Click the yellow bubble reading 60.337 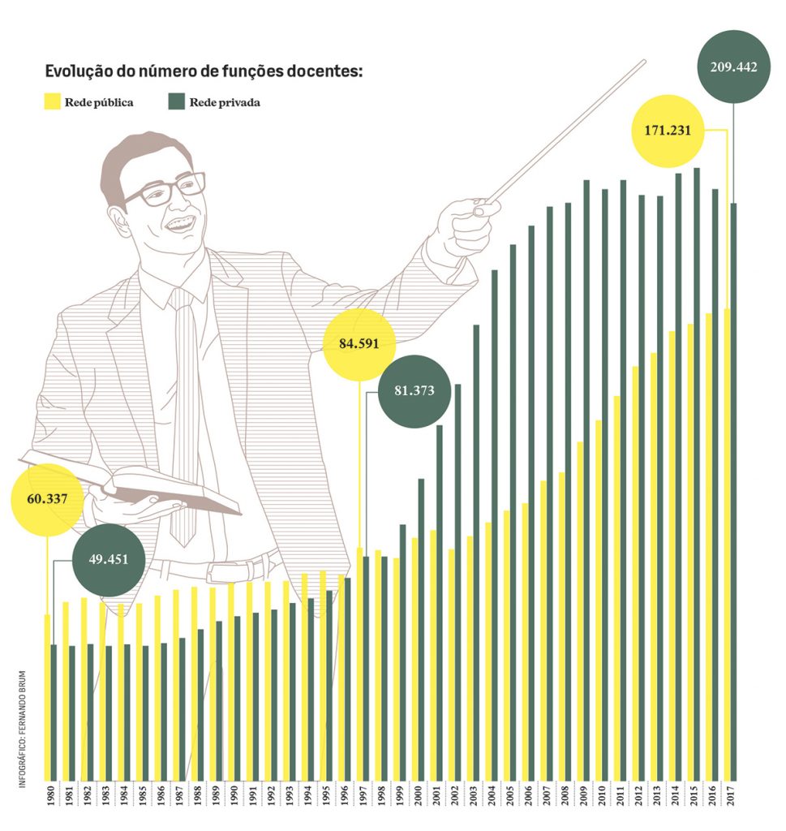[x=47, y=500]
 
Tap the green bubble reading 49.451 [x=108, y=559]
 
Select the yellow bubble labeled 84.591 [x=359, y=344]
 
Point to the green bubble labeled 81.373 [x=414, y=391]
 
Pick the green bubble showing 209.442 [x=733, y=67]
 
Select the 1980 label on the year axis [x=51, y=797]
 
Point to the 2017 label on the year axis [x=732, y=797]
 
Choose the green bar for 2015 [x=696, y=471]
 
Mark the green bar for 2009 [x=586, y=479]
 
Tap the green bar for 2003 [x=476, y=552]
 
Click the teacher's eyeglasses [x=167, y=190]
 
